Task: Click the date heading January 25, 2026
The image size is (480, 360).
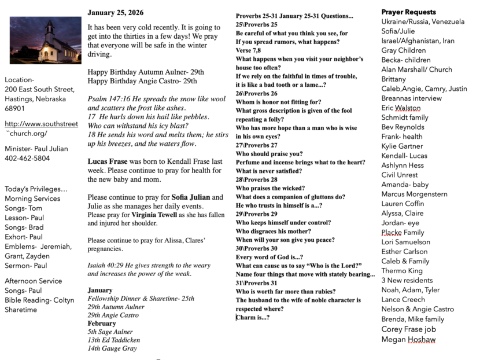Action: click(x=116, y=12)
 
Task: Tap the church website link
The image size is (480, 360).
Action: click(x=41, y=128)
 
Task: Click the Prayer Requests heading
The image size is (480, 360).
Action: click(x=408, y=12)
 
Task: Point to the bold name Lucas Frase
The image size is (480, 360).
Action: click(x=108, y=162)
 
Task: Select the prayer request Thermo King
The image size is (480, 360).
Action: click(x=402, y=270)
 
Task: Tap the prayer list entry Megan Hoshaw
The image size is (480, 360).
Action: click(x=408, y=340)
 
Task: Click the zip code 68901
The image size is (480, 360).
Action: click(x=15, y=108)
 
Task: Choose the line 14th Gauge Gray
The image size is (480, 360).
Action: click(x=113, y=348)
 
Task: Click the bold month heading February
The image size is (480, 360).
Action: click(x=102, y=324)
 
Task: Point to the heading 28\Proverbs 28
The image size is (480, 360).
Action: click(x=256, y=180)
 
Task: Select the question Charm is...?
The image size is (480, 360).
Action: click(x=253, y=317)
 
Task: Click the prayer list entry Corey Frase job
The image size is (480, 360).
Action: click(x=408, y=329)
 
